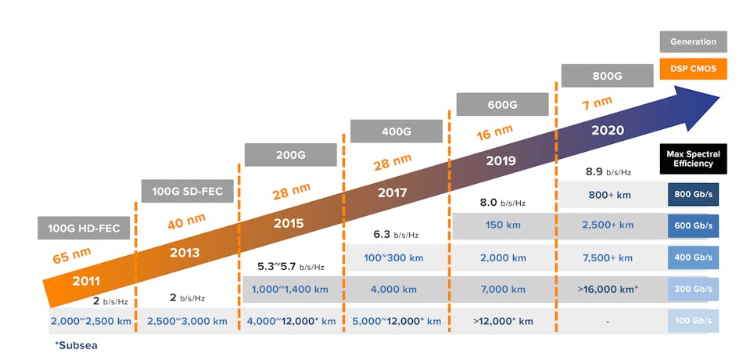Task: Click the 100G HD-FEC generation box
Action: pyautogui.click(x=84, y=228)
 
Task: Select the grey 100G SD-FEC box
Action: pyautogui.click(x=188, y=191)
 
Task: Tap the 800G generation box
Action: pyautogui.click(x=607, y=76)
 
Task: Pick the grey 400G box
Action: pyautogui.click(x=396, y=131)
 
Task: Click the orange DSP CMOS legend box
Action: pyautogui.click(x=693, y=69)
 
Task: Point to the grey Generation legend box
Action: pyautogui.click(x=693, y=41)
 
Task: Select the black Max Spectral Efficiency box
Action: pyautogui.click(x=693, y=158)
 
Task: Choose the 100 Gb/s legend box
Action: pyautogui.click(x=693, y=321)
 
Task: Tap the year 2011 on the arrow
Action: pyautogui.click(x=86, y=281)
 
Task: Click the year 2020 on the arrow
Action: pyautogui.click(x=608, y=130)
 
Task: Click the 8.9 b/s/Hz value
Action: pyautogui.click(x=608, y=171)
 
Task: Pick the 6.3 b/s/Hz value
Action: pyautogui.click(x=395, y=234)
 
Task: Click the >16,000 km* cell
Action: pyautogui.click(x=608, y=290)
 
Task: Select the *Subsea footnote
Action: pyautogui.click(x=77, y=344)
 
